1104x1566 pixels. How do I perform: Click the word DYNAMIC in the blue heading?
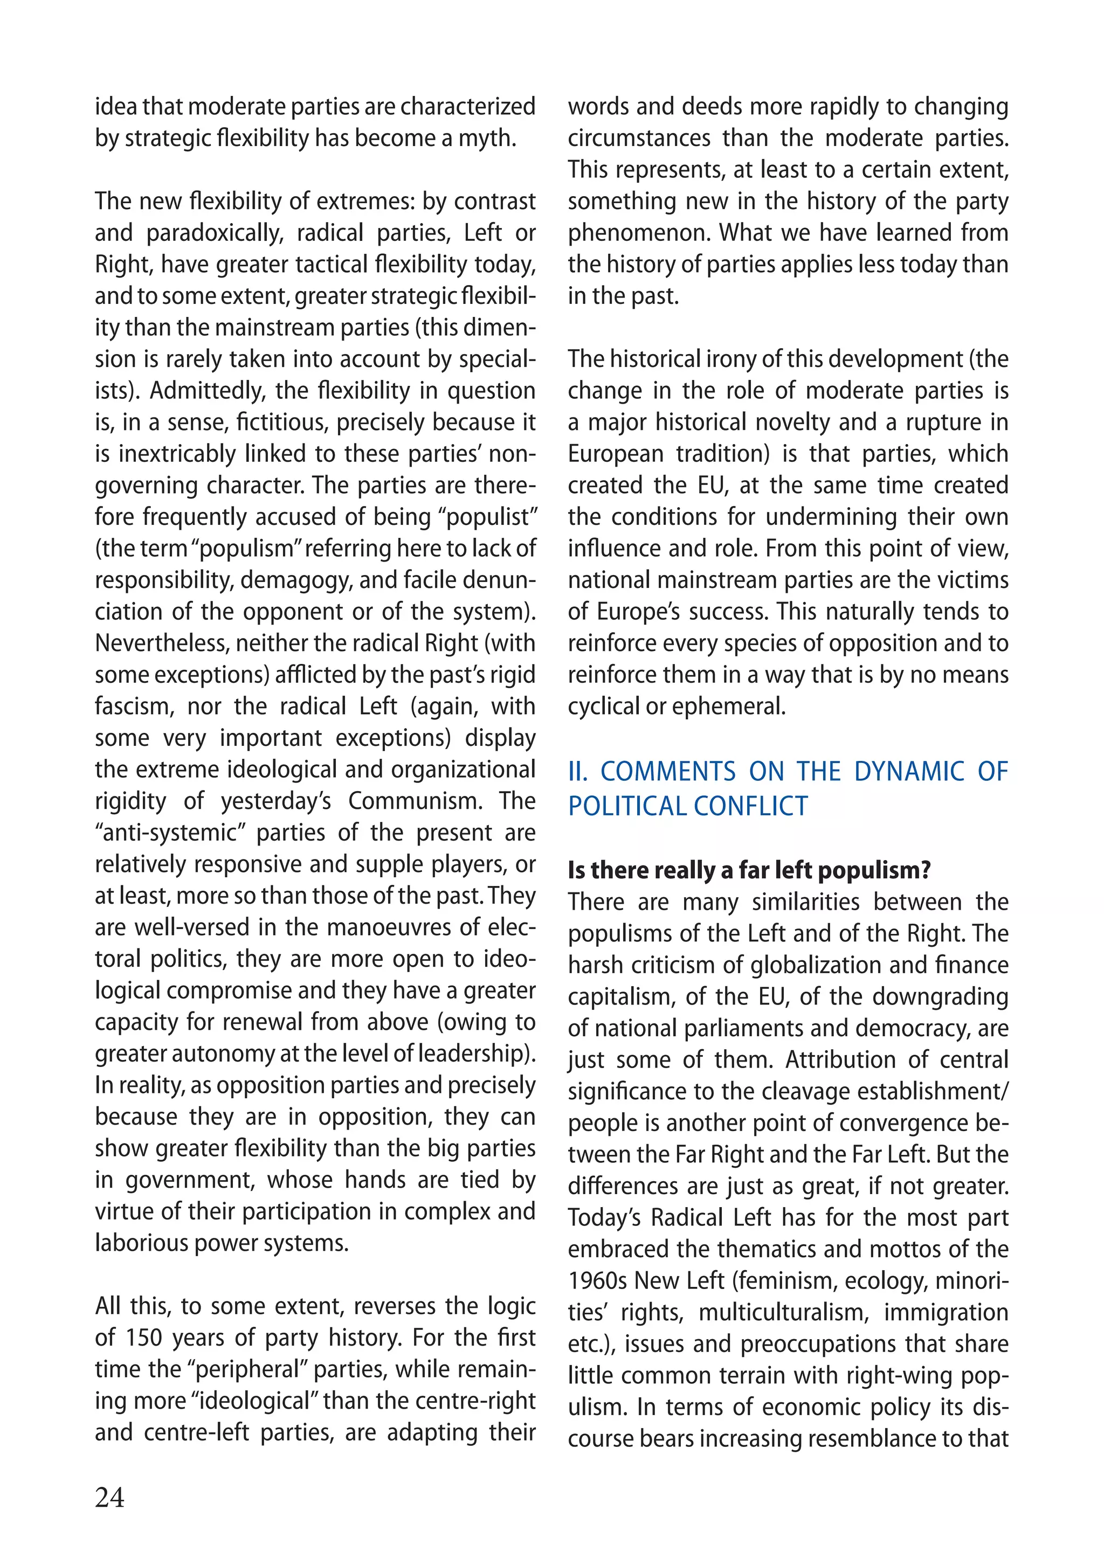coord(909,771)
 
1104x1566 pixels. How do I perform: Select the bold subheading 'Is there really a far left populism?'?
coord(749,870)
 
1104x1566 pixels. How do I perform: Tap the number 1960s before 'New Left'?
coord(597,1281)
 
